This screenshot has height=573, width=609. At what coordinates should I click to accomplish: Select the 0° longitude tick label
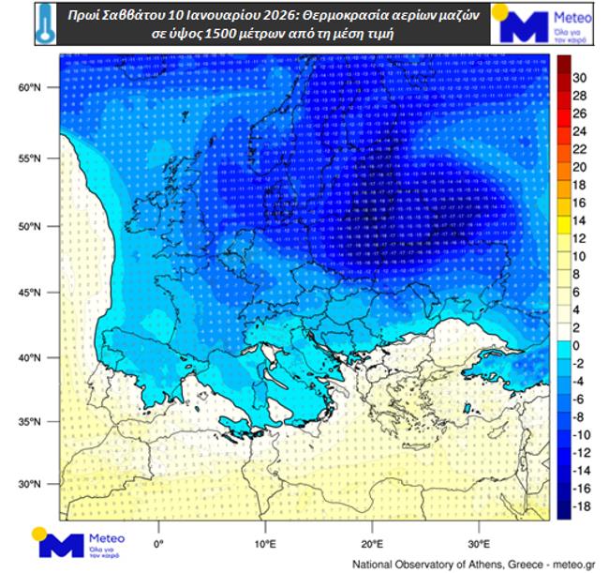coord(158,543)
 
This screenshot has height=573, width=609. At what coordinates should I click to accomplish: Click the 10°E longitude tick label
coord(265,543)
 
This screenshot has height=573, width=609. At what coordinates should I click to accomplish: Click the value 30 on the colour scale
coord(579,77)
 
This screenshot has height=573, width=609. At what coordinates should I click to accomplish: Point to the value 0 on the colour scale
coord(577,345)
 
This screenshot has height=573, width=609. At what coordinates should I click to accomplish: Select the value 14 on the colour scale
coord(579,220)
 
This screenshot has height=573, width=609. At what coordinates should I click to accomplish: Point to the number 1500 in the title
coord(221,35)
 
